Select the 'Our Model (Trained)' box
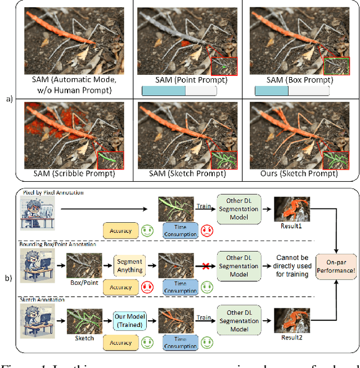tap(129, 321)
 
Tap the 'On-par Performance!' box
tap(336, 265)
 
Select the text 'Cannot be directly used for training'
tap(292, 268)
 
